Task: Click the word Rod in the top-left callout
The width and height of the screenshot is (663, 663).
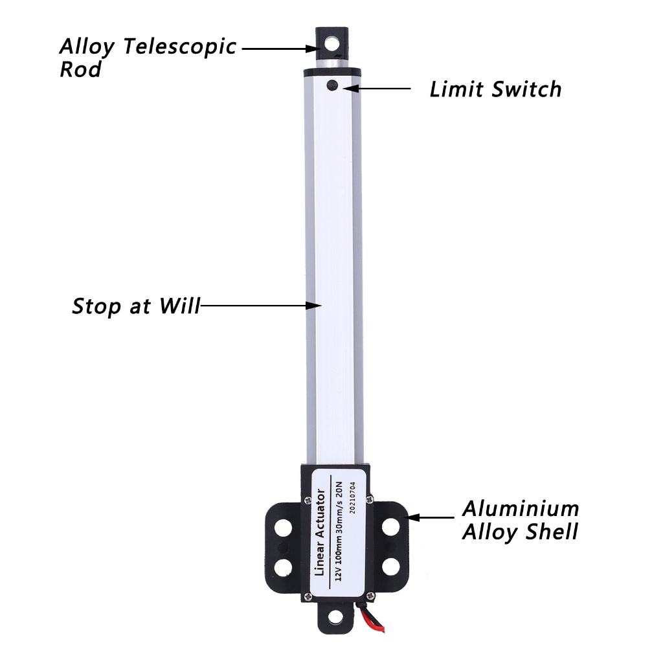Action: point(80,69)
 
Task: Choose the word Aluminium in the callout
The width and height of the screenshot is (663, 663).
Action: point(520,508)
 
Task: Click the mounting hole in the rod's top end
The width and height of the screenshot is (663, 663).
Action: point(333,45)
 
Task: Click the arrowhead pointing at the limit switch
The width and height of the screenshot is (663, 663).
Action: point(350,87)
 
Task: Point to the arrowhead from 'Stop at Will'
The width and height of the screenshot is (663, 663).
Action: point(316,304)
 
